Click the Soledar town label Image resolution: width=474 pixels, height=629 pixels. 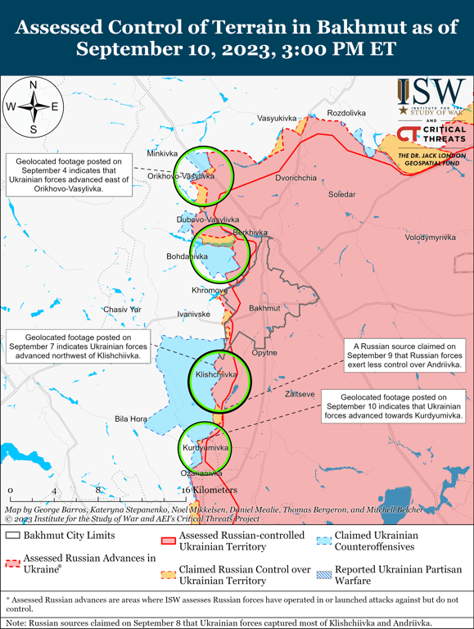(x=342, y=195)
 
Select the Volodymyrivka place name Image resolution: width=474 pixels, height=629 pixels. (x=430, y=238)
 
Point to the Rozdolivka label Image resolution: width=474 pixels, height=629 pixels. (x=346, y=112)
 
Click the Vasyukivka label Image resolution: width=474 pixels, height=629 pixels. (x=277, y=119)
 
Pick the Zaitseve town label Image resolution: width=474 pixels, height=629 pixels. (x=300, y=395)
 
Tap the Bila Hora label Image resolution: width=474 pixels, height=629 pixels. (x=131, y=419)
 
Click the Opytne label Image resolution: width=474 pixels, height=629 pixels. (x=264, y=353)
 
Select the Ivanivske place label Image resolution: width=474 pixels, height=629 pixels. (x=194, y=314)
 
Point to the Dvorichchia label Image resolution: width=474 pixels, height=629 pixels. (x=296, y=178)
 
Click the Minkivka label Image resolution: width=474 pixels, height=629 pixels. (x=162, y=153)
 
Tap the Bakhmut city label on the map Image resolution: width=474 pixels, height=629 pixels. (x=264, y=308)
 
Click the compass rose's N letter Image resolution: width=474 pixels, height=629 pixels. (x=33, y=84)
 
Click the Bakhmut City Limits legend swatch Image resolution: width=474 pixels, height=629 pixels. (x=12, y=536)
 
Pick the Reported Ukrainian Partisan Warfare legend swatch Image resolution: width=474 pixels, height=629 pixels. (x=324, y=569)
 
